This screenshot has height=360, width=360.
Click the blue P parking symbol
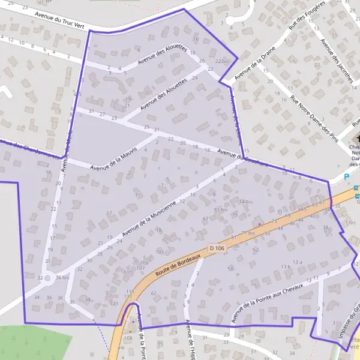click(346, 176)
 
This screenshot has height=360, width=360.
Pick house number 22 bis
click(222, 61)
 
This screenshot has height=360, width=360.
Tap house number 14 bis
click(246, 202)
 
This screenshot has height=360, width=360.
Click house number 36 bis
click(62, 277)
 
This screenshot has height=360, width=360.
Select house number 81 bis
click(221, 209)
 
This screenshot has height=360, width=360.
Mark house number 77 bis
click(248, 232)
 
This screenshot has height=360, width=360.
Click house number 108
click(128, 338)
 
